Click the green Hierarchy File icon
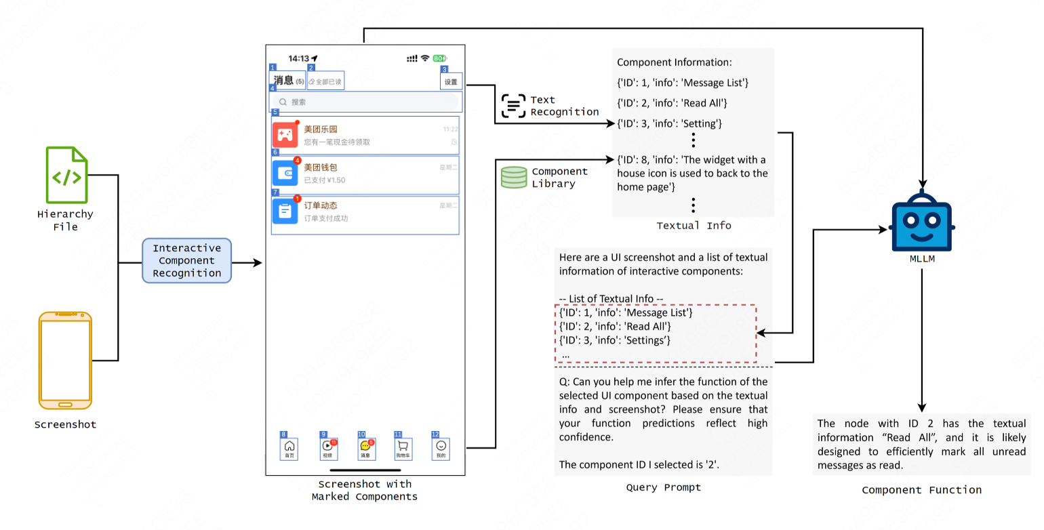point(67,175)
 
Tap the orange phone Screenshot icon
point(65,360)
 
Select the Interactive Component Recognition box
point(186,260)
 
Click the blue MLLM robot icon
point(921,221)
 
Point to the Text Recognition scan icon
point(514,106)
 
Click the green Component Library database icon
point(513,178)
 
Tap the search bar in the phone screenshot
point(365,102)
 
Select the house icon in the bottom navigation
point(289,446)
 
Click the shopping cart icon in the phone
point(403,446)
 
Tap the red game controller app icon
point(285,135)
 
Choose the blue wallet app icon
point(285,174)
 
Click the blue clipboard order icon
point(285,211)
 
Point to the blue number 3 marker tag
point(444,69)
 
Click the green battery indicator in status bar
point(439,58)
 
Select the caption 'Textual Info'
point(694,226)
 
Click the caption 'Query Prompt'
point(663,487)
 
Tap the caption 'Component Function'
point(921,490)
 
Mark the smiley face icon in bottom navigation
point(441,446)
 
